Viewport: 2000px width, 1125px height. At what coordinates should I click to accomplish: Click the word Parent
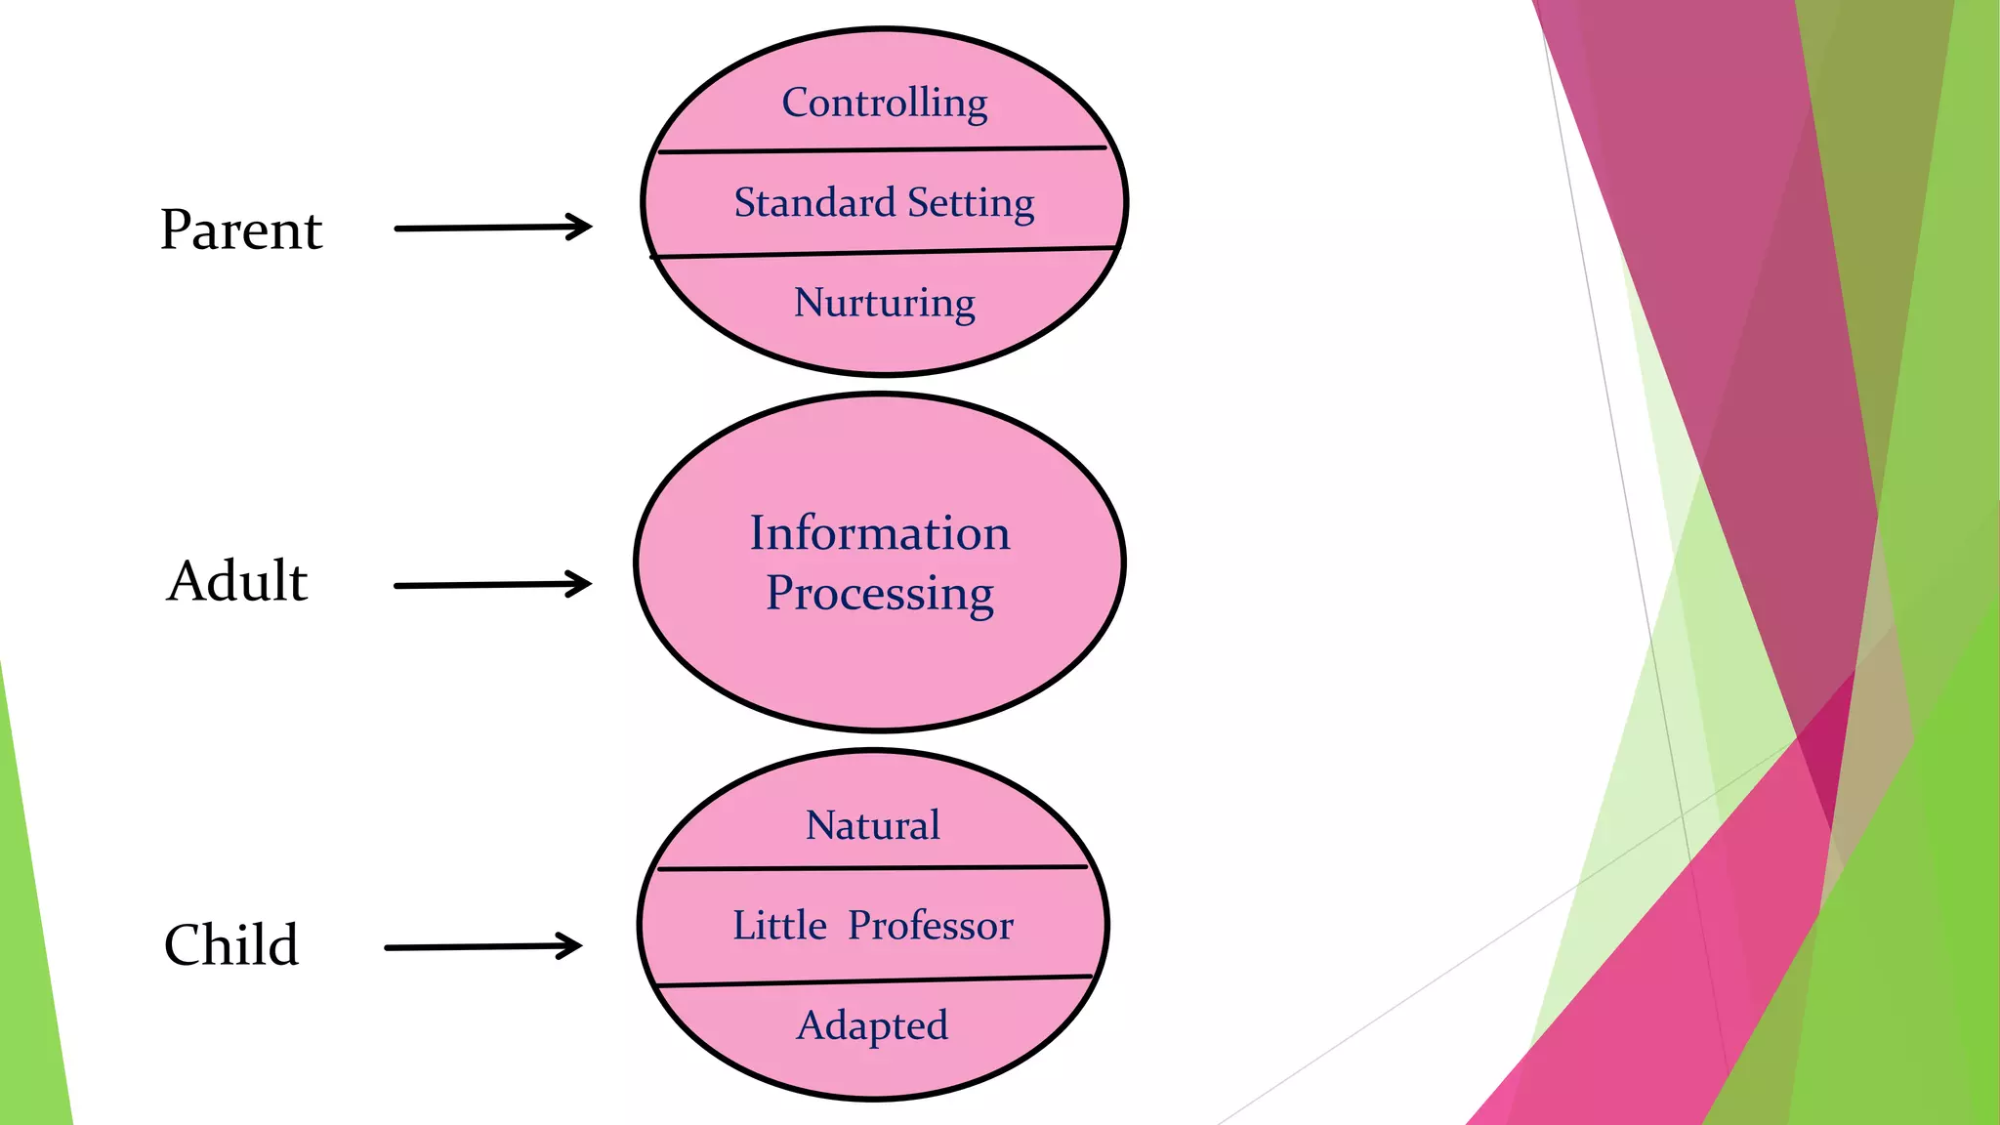point(240,230)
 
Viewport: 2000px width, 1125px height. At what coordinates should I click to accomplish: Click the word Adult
point(237,581)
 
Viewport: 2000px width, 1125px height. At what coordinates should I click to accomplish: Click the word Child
point(231,945)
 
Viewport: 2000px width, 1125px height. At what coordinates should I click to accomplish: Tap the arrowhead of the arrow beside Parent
point(582,227)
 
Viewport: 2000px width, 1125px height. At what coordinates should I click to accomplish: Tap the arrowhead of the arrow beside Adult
point(582,584)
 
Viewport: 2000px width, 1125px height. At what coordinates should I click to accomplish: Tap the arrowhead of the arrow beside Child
point(572,945)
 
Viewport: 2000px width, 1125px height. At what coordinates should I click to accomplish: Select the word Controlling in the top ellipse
point(884,104)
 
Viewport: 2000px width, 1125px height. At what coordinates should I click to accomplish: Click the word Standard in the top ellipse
point(814,203)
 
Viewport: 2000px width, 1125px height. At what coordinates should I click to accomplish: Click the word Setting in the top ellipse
point(971,203)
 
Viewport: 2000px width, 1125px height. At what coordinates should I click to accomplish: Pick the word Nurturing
point(884,303)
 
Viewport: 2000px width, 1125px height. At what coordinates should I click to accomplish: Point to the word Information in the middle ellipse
point(879,533)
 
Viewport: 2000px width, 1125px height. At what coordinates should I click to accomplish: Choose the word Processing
point(879,593)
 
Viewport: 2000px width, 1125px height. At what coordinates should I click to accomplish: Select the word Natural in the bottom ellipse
point(872,826)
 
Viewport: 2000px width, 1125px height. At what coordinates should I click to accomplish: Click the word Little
point(779,926)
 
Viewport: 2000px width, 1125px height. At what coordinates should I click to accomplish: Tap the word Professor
point(931,926)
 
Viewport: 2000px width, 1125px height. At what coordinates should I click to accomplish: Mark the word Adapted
point(872,1025)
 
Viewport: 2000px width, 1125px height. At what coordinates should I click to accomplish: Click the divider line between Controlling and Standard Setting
point(883,150)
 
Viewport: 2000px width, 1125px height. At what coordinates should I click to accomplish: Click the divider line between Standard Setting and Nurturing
point(883,253)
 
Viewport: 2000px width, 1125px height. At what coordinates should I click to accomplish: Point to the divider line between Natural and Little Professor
point(872,867)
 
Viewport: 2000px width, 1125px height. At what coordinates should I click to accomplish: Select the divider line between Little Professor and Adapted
point(872,980)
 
